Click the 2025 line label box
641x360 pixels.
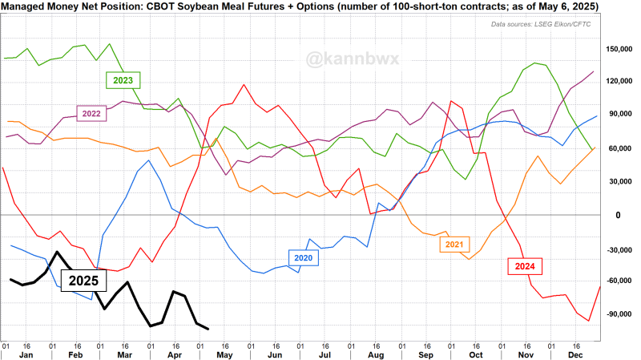83,281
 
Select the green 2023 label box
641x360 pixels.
123,80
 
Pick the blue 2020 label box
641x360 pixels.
304,258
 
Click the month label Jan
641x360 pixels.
26,354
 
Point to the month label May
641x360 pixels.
226,354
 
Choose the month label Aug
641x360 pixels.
376,354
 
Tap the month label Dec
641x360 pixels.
576,354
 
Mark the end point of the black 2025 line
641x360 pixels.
208,329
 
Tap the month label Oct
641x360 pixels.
476,354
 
